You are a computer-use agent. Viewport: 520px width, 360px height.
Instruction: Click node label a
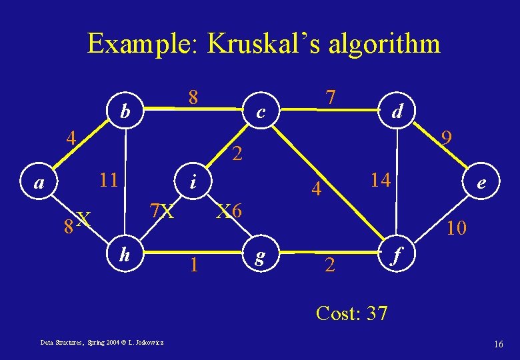[39, 182]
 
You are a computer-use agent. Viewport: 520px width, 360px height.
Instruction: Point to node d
[397, 111]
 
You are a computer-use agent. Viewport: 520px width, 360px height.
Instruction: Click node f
[397, 254]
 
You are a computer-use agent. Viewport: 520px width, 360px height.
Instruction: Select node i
[193, 181]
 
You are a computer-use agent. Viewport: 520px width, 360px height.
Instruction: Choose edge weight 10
[457, 229]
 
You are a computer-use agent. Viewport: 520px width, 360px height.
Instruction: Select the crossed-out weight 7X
[161, 211]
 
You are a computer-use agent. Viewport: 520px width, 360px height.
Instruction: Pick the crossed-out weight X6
[233, 211]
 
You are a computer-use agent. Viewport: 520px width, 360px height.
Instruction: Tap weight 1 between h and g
[193, 265]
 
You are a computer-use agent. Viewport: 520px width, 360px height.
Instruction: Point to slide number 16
[498, 343]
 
